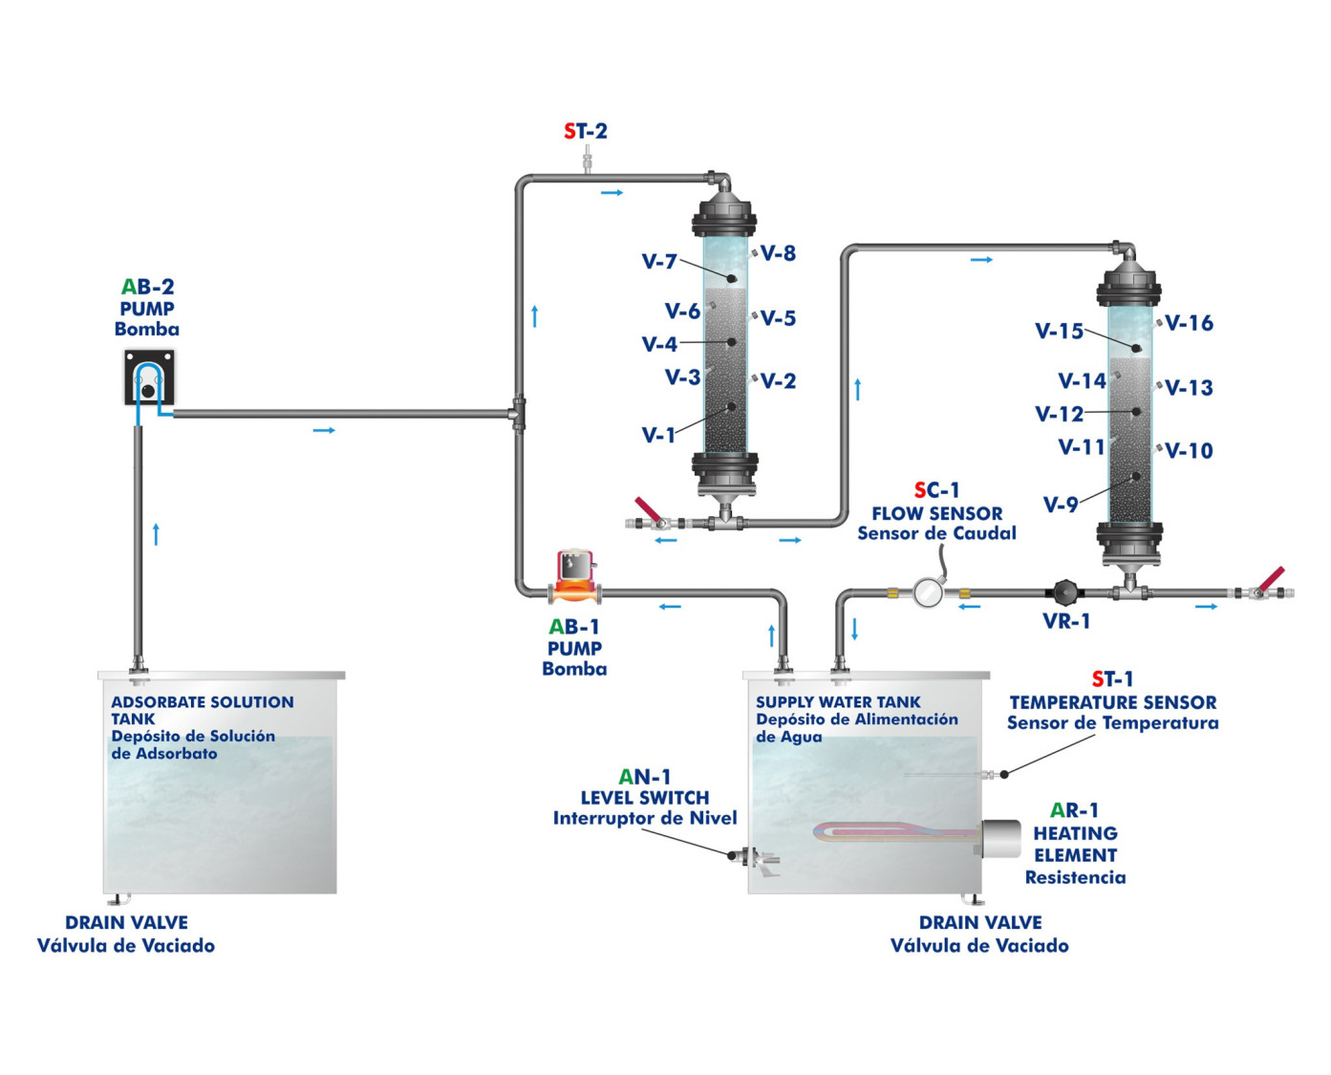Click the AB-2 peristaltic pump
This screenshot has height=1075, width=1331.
pos(149,377)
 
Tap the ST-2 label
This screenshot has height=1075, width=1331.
pos(586,132)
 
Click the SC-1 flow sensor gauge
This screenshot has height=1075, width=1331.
pos(927,591)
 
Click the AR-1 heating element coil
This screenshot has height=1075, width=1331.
pos(889,832)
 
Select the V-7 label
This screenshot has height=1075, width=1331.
pos(659,262)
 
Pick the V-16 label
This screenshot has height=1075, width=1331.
pos(1190,324)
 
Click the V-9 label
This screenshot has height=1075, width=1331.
pos(1061,505)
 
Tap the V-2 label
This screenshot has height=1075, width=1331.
pos(780,382)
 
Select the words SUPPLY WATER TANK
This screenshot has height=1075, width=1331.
pos(838,702)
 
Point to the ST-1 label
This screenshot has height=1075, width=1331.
pos(1113,679)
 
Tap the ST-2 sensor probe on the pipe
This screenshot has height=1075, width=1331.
pos(586,159)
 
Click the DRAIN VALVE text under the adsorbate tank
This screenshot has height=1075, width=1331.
pos(126,923)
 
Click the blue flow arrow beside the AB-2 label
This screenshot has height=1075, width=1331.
pos(325,431)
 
